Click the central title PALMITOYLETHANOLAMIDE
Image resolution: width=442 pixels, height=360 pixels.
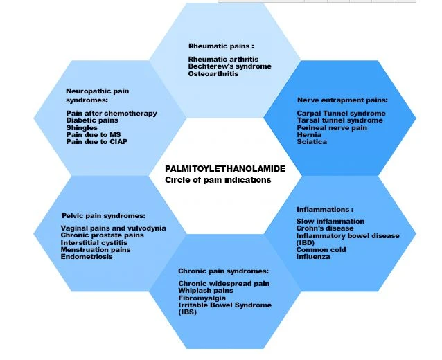click(x=225, y=169)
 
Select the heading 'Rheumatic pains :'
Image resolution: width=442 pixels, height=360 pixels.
click(x=221, y=46)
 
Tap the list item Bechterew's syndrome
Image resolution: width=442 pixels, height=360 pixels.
click(x=230, y=66)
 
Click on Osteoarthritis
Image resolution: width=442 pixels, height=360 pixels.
click(x=213, y=74)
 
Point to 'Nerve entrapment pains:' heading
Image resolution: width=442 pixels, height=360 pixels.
click(x=342, y=100)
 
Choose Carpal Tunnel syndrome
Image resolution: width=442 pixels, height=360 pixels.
click(x=341, y=114)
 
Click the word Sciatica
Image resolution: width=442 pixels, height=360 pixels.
click(x=312, y=142)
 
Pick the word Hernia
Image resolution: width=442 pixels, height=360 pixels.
click(x=309, y=134)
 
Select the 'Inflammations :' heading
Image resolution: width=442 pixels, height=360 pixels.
click(x=325, y=210)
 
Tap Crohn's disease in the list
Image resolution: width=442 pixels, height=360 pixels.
click(x=325, y=228)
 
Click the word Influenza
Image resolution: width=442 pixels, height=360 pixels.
click(x=313, y=257)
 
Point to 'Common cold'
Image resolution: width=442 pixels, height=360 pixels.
click(x=321, y=250)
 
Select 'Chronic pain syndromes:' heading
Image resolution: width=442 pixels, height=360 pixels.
click(x=223, y=271)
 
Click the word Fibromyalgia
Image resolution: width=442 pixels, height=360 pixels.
click(x=202, y=298)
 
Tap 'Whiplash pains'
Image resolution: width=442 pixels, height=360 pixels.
click(x=206, y=291)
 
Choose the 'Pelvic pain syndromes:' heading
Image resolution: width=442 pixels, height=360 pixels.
click(x=103, y=216)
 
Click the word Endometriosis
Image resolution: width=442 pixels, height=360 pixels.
click(x=87, y=257)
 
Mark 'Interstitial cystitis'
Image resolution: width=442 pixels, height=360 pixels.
click(x=94, y=243)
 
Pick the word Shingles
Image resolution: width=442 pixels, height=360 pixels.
click(x=82, y=127)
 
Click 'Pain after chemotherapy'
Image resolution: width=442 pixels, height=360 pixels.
click(x=112, y=114)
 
